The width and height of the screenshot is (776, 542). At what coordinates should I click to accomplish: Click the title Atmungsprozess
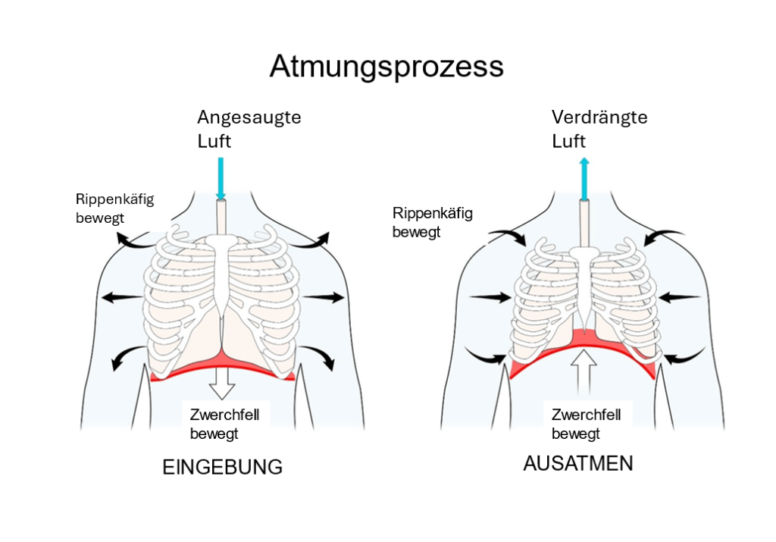(386, 67)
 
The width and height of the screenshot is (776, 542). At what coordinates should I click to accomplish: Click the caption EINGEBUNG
(222, 467)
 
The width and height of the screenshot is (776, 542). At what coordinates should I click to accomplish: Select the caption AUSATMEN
(577, 463)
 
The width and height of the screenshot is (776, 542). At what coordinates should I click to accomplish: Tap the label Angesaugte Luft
(249, 129)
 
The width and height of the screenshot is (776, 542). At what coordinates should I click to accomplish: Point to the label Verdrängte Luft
(599, 129)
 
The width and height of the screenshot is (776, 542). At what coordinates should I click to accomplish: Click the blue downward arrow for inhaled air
(221, 178)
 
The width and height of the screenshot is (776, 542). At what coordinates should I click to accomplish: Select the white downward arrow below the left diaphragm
(222, 384)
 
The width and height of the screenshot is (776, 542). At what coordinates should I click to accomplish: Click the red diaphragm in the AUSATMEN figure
(530, 364)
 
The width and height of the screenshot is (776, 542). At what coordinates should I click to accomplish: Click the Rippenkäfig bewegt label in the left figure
(114, 208)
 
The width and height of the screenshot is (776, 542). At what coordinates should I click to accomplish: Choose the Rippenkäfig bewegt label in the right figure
(432, 222)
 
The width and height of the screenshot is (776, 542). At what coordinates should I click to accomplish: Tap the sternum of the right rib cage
(582, 288)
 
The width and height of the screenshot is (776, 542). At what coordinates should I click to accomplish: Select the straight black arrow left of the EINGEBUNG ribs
(118, 296)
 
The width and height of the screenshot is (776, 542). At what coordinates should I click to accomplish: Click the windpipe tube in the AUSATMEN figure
(584, 220)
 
